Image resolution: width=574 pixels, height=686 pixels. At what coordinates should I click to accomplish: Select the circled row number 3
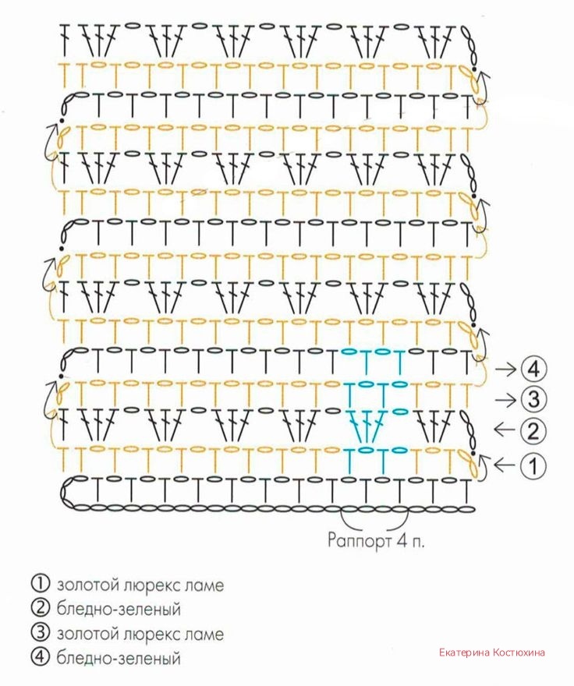click(533, 400)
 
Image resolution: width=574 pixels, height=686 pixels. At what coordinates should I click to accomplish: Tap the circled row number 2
click(533, 430)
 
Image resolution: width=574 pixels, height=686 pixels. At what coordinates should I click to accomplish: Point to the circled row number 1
click(533, 465)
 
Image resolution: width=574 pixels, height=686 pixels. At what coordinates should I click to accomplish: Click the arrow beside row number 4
click(506, 368)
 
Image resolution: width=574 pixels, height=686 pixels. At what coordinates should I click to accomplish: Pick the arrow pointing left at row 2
click(506, 430)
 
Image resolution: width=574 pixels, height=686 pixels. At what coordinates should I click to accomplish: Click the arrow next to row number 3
click(506, 400)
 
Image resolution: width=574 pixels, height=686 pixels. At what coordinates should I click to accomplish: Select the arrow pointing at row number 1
click(506, 465)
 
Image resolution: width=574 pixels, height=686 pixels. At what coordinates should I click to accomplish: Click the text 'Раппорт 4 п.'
click(376, 539)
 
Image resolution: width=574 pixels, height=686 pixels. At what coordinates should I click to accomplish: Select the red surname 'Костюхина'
click(519, 652)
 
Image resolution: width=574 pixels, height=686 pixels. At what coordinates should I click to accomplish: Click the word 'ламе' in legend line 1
click(205, 584)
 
